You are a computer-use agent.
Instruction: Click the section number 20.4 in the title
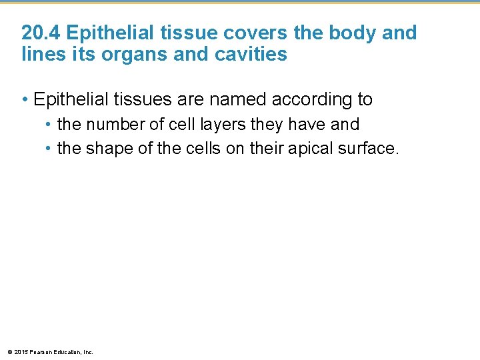click(42, 33)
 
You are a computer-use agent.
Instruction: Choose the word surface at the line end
click(369, 148)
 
